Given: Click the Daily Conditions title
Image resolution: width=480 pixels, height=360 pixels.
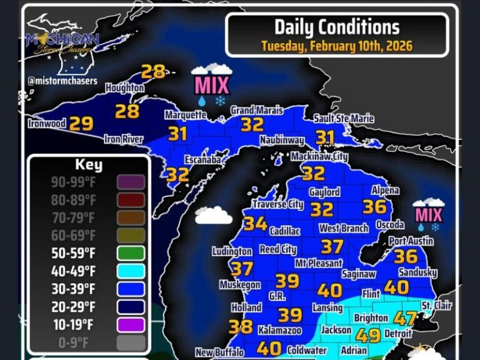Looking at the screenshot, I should [336, 27].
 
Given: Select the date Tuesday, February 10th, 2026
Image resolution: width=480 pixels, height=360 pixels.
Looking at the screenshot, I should [337, 46].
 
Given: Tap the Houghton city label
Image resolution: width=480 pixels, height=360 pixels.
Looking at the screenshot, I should [125, 89].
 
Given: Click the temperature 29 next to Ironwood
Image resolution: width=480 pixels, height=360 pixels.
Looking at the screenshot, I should [81, 124].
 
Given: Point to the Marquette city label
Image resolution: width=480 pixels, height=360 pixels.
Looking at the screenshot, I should [186, 115].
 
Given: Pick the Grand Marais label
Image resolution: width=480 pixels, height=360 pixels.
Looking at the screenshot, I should [252, 111].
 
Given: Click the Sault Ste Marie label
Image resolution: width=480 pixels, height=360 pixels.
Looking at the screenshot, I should [344, 119].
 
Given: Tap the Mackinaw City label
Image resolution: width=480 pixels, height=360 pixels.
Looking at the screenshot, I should [319, 156].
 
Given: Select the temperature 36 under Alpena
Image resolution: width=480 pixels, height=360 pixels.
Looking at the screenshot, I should [374, 207].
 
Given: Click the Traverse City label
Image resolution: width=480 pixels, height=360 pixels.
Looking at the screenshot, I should [278, 204].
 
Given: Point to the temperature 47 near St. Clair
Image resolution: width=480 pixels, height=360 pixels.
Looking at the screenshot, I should [405, 318].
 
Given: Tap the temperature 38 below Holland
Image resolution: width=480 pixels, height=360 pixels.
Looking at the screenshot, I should [241, 327].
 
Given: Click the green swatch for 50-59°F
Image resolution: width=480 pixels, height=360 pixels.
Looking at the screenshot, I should [130, 254].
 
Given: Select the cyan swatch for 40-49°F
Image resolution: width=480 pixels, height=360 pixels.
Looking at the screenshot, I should [130, 271].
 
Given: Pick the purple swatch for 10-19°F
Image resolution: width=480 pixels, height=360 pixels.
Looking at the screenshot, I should [130, 324].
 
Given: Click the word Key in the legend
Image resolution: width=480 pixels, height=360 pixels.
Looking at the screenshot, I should [88, 166].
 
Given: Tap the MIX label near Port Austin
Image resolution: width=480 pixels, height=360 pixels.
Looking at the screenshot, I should [428, 216].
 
